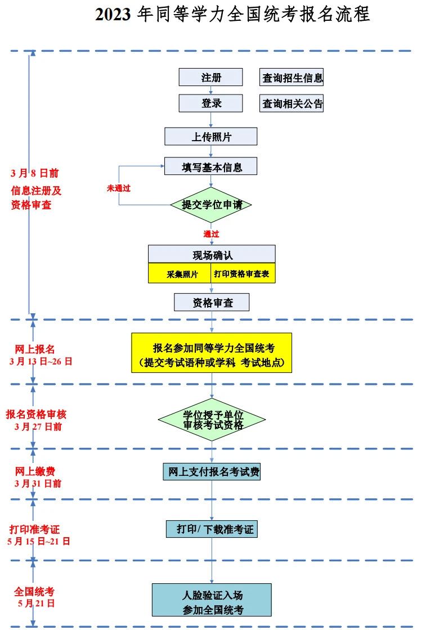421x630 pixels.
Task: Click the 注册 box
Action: pyautogui.click(x=210, y=78)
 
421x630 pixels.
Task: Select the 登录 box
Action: pyautogui.click(x=210, y=103)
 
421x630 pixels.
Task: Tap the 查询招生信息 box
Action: pyautogui.click(x=292, y=78)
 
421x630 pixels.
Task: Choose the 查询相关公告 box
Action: pyautogui.click(x=292, y=103)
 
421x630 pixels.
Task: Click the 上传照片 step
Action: pyautogui.click(x=210, y=137)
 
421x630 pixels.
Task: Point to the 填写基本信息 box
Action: pyautogui.click(x=210, y=166)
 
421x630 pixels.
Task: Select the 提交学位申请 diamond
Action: pyautogui.click(x=211, y=205)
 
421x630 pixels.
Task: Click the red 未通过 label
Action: pyautogui.click(x=119, y=188)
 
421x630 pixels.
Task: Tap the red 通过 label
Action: pyautogui.click(x=211, y=233)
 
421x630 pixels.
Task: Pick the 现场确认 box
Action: pyautogui.click(x=212, y=255)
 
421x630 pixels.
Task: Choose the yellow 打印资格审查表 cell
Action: pyautogui.click(x=243, y=274)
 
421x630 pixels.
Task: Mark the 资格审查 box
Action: pyautogui.click(x=212, y=303)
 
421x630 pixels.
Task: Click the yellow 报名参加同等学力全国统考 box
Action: pyautogui.click(x=212, y=353)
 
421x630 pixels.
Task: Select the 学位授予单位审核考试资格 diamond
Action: pyautogui.click(x=212, y=420)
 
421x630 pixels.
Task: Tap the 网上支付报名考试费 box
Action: pyautogui.click(x=212, y=471)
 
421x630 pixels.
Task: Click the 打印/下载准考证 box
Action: pyautogui.click(x=212, y=529)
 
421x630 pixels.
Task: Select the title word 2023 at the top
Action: pyautogui.click(x=113, y=15)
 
